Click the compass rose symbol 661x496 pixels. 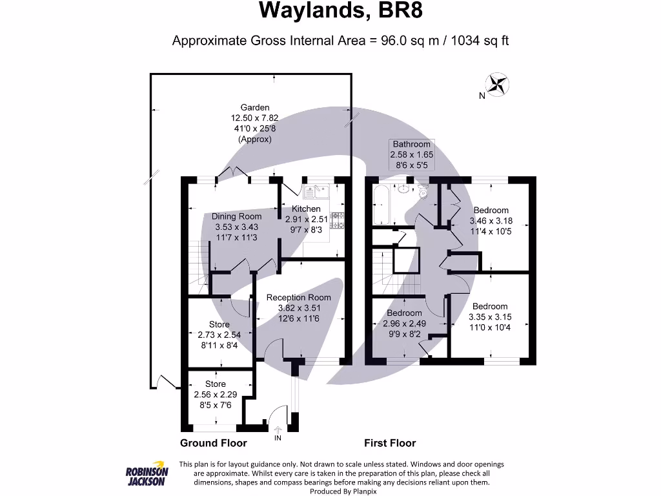coord(497,85)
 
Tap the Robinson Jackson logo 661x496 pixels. coord(147,476)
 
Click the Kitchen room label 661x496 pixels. coord(306,209)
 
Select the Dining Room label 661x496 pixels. coord(237,216)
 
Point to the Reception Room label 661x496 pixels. coord(299,298)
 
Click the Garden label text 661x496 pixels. coord(255,108)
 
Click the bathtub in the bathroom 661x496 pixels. coord(380,204)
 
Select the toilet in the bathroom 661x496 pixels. coord(423,191)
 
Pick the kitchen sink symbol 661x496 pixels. coord(317,191)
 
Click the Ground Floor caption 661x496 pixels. coord(214,443)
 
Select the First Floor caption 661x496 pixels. coord(390,443)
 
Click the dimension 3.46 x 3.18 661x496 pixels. coord(491,220)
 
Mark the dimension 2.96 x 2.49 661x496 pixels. coord(405,324)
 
